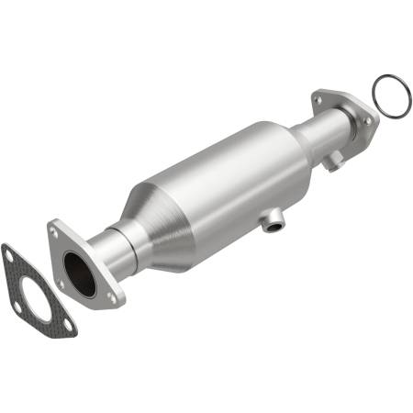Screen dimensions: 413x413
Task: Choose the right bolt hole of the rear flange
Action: (x=368, y=120)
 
